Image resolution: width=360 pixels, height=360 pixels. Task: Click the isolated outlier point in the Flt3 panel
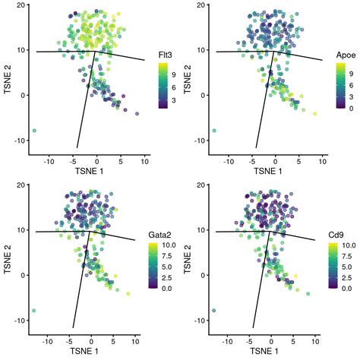point(35,131)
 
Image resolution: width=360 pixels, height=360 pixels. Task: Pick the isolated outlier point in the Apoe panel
point(214,131)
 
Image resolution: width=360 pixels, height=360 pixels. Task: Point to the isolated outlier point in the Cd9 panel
point(214,311)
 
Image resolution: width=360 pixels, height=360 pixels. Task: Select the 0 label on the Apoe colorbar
point(352,109)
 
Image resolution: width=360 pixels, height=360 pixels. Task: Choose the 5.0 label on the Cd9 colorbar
point(349,267)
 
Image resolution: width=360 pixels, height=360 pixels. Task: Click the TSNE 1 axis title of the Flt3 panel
point(96,172)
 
